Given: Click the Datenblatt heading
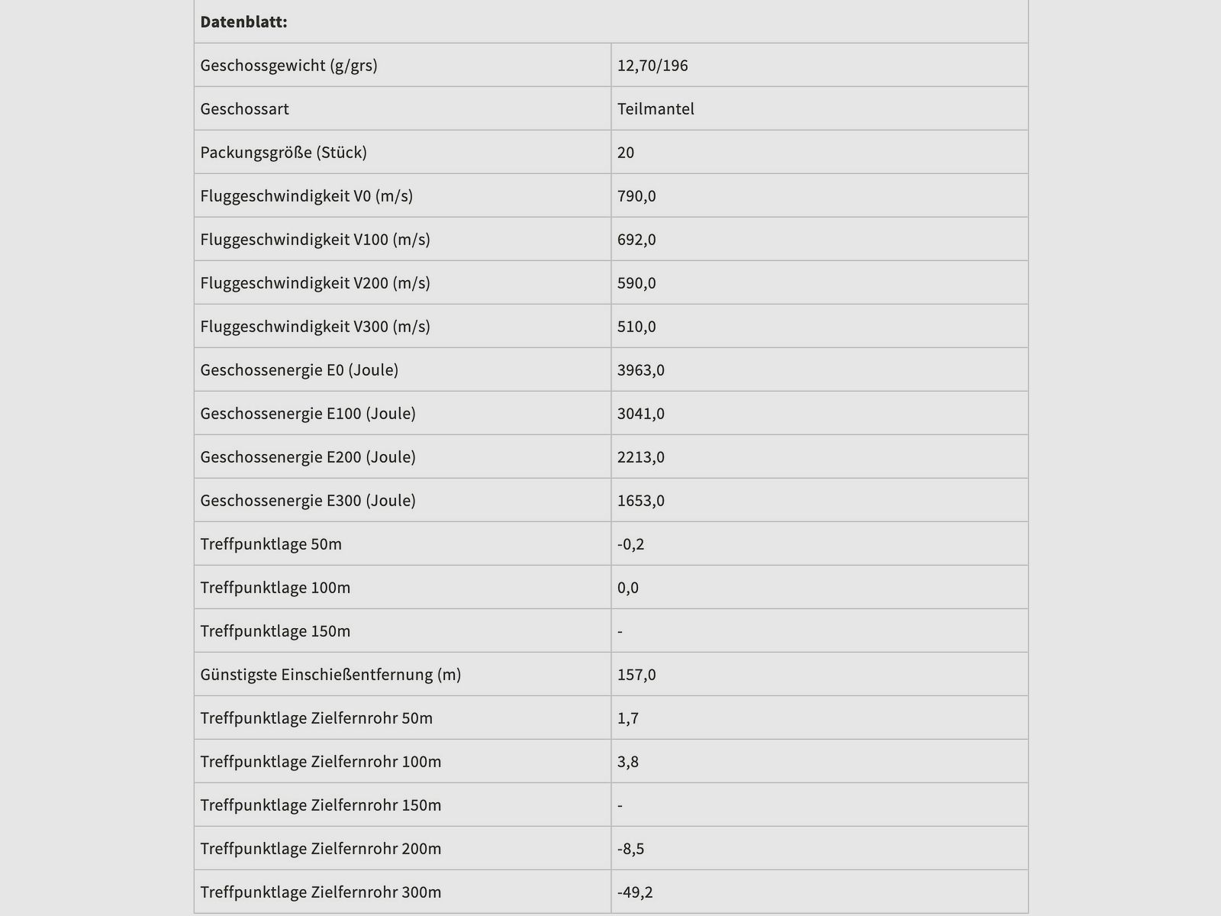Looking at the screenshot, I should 243,22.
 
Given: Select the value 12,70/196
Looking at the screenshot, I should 652,66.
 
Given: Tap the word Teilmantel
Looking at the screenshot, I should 656,109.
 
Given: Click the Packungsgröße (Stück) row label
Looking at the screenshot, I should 283,153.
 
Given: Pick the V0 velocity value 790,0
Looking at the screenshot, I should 636,196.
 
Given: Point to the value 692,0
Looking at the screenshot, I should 636,240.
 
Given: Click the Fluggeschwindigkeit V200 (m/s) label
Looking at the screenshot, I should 315,283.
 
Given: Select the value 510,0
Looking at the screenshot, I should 636,327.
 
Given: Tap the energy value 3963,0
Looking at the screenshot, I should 641,370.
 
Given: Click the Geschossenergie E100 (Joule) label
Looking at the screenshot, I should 308,414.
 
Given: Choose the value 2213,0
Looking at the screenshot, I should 641,457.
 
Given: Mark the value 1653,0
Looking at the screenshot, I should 641,501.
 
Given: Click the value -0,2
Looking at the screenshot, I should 631,544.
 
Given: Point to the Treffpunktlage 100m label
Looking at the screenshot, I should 275,588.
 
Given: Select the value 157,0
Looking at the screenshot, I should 636,675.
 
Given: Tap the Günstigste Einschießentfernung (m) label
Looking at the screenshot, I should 330,675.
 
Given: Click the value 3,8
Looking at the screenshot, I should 628,762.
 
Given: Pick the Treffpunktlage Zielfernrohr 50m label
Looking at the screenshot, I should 316,718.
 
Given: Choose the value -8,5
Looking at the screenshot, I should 631,849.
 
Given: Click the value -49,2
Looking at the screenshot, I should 635,892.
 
